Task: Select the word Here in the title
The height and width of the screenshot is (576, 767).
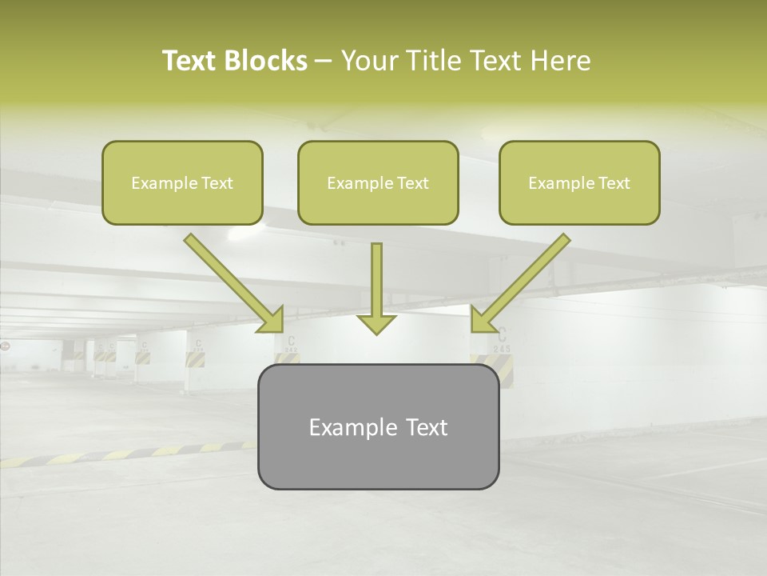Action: (x=558, y=61)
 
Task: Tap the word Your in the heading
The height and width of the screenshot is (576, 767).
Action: (x=368, y=61)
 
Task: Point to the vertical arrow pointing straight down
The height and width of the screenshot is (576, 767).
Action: (x=376, y=284)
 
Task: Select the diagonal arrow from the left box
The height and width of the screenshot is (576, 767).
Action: (x=232, y=282)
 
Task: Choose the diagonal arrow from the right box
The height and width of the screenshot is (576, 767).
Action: (x=522, y=282)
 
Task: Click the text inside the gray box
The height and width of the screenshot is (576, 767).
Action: (x=378, y=427)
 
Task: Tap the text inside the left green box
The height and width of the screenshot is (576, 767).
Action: (x=182, y=183)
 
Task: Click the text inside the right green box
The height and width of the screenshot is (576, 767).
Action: (x=579, y=183)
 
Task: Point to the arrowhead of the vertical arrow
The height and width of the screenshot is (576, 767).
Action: (x=376, y=323)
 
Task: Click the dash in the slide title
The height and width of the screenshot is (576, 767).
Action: (x=324, y=62)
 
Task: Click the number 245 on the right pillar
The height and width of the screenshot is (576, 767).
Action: (x=502, y=349)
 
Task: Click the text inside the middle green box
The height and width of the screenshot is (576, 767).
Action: (x=378, y=183)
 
